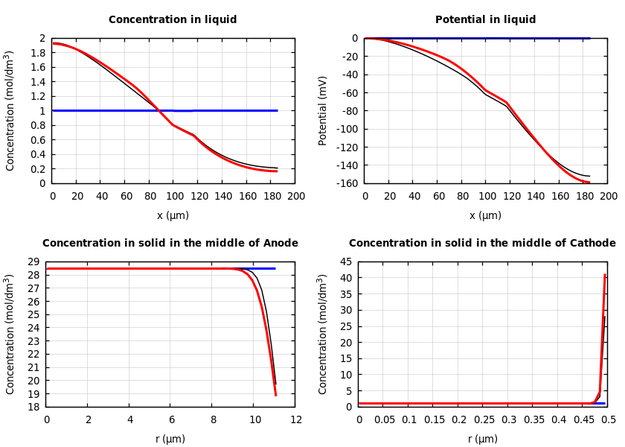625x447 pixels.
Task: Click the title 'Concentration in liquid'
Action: pos(173,20)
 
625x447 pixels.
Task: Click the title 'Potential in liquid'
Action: pos(485,20)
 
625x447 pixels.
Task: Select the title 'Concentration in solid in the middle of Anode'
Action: pos(170,244)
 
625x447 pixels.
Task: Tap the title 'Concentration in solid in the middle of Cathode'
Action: pos(482,244)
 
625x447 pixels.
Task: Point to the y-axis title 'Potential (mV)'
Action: pos(323,110)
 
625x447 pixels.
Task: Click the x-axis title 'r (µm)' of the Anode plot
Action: pos(170,439)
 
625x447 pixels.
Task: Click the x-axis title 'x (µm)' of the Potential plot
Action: pos(485,215)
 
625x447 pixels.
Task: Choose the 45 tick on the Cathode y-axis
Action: pos(345,261)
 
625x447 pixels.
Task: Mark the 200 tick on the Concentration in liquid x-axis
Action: pos(295,197)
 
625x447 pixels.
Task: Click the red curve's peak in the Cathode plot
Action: pos(605,275)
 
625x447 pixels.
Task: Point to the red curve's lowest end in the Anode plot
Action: pos(275,395)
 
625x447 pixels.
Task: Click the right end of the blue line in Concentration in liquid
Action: pos(278,110)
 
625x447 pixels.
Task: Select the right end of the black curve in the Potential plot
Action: pos(589,177)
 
